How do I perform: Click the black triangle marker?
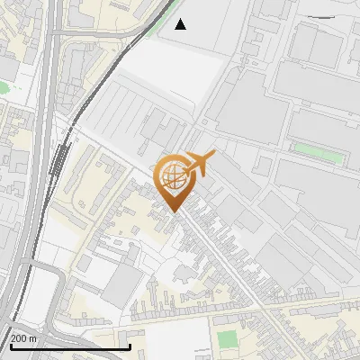[x=181, y=24]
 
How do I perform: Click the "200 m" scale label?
[x=23, y=338]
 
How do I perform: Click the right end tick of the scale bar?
[x=131, y=345]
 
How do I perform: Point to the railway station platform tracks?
[x=59, y=166]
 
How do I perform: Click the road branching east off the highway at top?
[x=99, y=32]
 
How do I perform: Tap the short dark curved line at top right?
[x=329, y=16]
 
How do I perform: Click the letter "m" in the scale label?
[x=31, y=338]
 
